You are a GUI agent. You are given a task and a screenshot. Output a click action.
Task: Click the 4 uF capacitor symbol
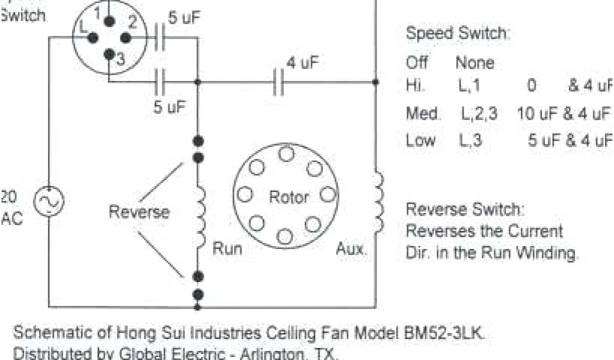tap(278, 82)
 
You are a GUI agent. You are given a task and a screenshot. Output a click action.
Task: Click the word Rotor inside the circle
tap(289, 197)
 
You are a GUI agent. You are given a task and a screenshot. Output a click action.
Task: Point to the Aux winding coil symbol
tap(378, 202)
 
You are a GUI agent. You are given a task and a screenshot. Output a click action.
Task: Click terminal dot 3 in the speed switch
tap(109, 55)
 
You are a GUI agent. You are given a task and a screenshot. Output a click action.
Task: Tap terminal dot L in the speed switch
tap(93, 38)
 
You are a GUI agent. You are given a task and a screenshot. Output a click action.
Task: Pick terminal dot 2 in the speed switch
tap(125, 38)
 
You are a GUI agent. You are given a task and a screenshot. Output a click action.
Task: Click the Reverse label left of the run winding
tap(139, 212)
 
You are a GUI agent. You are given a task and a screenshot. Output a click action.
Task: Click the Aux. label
tap(351, 248)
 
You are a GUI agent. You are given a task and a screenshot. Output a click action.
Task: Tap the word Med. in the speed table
tap(423, 113)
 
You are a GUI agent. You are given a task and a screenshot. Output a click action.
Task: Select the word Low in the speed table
tap(420, 140)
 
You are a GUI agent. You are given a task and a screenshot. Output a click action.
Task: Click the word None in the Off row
tap(475, 62)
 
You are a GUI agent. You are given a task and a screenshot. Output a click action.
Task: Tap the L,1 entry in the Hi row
tap(469, 86)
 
